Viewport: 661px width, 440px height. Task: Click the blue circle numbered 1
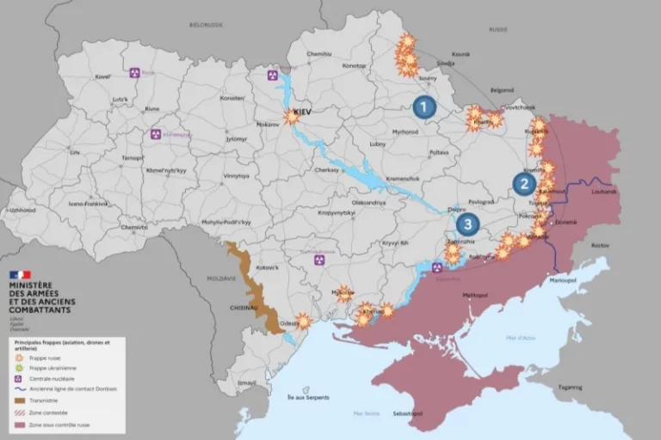[x=423, y=107]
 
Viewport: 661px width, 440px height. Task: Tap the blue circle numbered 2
[x=524, y=183]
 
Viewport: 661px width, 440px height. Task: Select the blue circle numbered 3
[x=467, y=225]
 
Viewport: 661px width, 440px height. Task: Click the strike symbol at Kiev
[x=292, y=116]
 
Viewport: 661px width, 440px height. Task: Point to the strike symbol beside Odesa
[x=303, y=321]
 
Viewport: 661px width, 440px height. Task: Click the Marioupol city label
[x=564, y=279]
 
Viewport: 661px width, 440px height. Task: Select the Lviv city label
[x=75, y=152]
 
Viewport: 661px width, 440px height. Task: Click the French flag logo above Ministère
[x=20, y=275]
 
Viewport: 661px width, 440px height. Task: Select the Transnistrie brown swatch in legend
[x=21, y=400]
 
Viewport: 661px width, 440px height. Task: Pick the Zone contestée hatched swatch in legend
[x=21, y=412]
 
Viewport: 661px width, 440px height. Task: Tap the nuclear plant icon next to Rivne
[x=135, y=73]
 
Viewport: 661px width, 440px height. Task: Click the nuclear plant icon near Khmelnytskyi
[x=156, y=134]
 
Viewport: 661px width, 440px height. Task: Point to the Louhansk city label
[x=604, y=191]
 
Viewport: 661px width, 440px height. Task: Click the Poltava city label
[x=439, y=152]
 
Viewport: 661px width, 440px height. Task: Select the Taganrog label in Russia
[x=569, y=386]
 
